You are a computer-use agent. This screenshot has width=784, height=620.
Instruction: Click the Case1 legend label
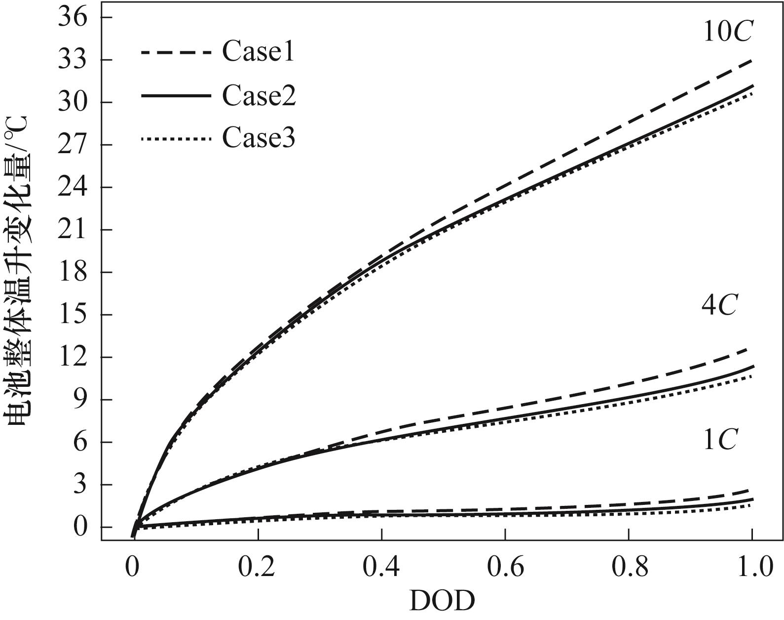[258, 51]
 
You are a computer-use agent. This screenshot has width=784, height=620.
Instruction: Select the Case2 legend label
[259, 95]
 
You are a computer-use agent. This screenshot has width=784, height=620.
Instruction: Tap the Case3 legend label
[259, 138]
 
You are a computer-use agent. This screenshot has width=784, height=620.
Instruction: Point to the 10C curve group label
[727, 33]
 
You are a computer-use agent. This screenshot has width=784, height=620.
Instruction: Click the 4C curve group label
[719, 306]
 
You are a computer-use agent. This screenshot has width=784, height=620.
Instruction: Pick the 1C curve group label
[719, 440]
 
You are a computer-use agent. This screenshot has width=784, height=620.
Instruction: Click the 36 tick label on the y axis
[73, 18]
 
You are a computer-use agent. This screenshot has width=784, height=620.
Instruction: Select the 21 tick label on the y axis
[73, 230]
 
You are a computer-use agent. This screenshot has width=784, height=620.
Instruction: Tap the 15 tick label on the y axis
[73, 315]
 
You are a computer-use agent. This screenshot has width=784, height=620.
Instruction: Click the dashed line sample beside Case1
[176, 51]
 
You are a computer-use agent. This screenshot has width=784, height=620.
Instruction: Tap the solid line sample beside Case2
[176, 95]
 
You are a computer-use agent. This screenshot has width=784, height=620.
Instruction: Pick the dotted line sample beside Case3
[176, 139]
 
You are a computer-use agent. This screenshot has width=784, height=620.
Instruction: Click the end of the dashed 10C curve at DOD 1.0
[751, 61]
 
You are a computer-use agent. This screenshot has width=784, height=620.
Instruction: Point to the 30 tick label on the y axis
[73, 103]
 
